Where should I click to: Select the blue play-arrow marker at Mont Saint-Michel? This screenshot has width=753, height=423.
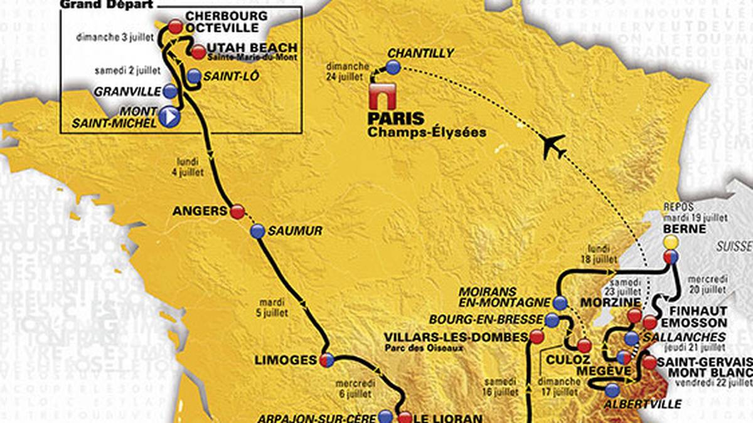coord(169,117)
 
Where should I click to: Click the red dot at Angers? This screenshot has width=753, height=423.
coord(237,212)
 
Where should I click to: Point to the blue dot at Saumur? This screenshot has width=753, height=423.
coord(257,232)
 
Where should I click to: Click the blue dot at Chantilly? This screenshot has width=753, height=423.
coord(393,68)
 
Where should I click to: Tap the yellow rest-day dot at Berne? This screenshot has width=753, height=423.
coord(671,241)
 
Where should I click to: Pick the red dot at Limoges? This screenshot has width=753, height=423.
coord(326,360)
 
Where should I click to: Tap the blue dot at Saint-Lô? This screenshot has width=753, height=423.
coord(195,76)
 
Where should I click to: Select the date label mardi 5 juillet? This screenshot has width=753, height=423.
coord(276,285)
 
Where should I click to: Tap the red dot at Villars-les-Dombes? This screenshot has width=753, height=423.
coord(537,337)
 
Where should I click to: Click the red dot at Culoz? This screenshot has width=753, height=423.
coord(584,346)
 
